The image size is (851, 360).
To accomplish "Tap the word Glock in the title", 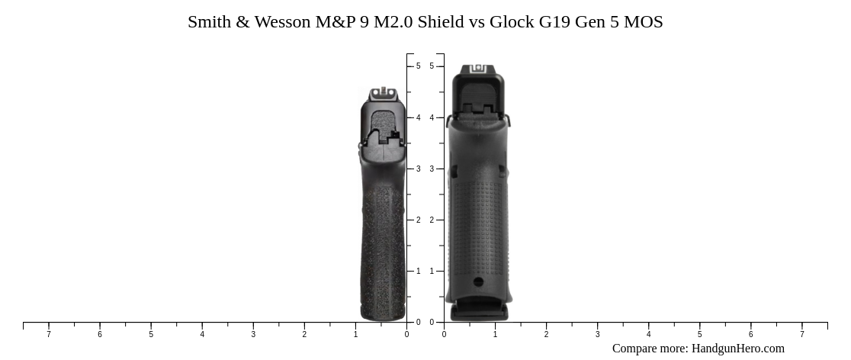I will [x=512, y=22].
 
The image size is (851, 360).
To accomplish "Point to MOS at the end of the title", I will [x=644, y=22].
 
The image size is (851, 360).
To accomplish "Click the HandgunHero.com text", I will [x=737, y=349].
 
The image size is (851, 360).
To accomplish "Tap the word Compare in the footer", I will [x=634, y=349].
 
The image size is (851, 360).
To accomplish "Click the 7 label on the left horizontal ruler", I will [x=49, y=334].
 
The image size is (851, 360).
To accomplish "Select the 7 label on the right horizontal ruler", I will [x=801, y=334].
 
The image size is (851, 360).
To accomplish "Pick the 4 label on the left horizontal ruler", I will [x=202, y=334].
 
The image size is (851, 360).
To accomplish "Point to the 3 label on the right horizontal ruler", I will [x=597, y=334].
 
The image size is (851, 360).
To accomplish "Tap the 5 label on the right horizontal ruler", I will [x=699, y=334].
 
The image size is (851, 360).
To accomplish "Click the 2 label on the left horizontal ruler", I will [x=304, y=334].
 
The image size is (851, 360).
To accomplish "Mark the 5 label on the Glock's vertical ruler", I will [x=432, y=66].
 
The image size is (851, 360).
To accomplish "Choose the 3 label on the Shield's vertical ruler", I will [x=418, y=169].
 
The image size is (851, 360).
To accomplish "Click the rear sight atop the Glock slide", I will [x=479, y=69].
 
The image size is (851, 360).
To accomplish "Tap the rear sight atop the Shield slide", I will [x=384, y=95].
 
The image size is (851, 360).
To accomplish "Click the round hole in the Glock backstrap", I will [x=478, y=282].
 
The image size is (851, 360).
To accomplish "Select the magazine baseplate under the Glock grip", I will [x=479, y=312].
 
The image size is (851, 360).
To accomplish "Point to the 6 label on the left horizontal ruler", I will [x=100, y=334].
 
